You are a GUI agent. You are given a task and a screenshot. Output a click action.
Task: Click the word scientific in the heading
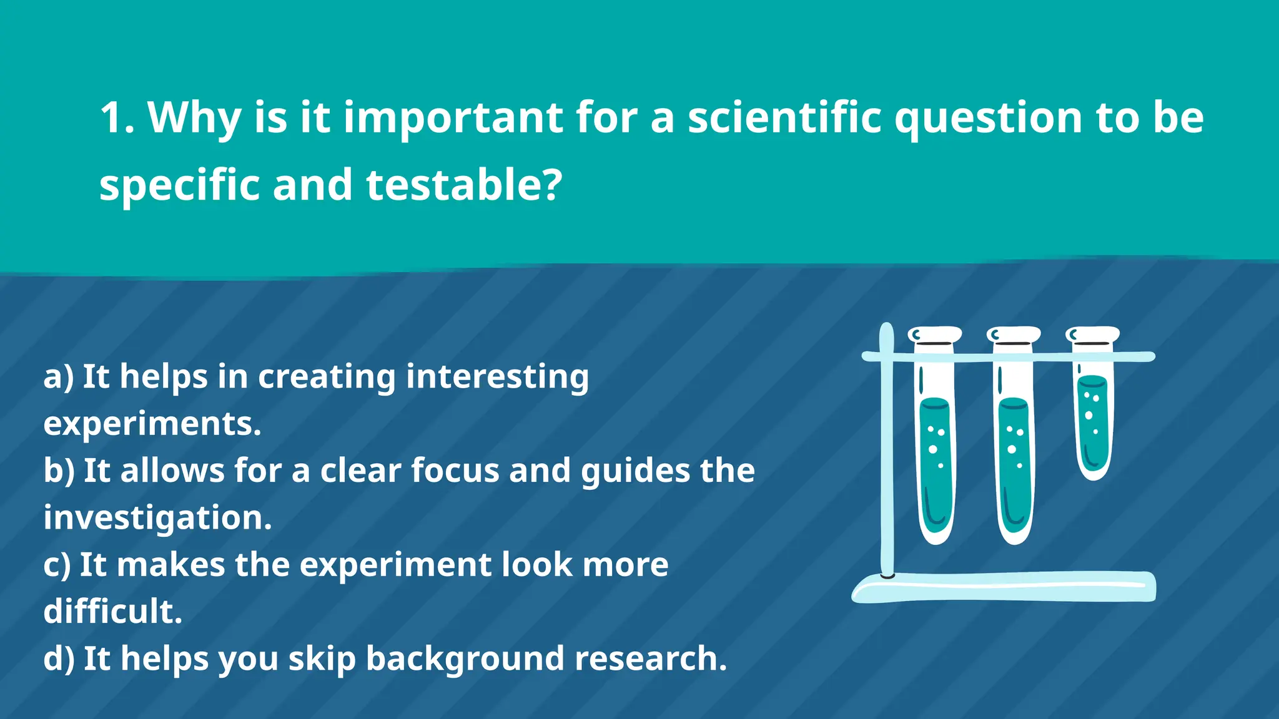click(784, 118)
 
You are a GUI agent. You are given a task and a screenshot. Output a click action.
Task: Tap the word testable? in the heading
click(464, 185)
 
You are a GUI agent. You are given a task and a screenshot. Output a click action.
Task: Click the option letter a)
click(58, 378)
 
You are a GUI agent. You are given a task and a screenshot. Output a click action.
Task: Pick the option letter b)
click(59, 471)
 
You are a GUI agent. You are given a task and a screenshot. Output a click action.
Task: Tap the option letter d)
click(59, 659)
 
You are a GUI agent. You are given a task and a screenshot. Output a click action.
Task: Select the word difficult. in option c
click(112, 612)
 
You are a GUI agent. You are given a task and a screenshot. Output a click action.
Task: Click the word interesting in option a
click(496, 378)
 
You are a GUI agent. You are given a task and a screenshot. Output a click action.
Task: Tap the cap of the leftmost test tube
click(934, 335)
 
